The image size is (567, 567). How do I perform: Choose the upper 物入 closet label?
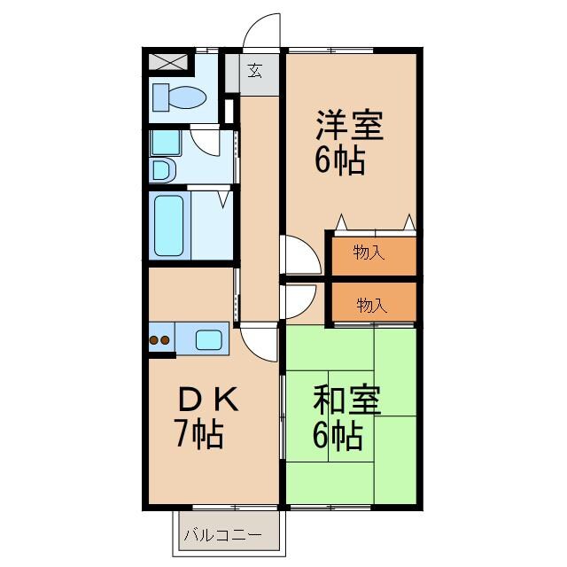(x=369, y=253)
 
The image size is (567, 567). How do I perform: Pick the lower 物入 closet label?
(x=372, y=306)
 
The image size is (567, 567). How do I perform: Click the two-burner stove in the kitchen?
(x=160, y=338)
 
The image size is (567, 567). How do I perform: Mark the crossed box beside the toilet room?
(x=168, y=62)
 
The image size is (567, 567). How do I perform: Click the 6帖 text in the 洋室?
(x=339, y=161)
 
